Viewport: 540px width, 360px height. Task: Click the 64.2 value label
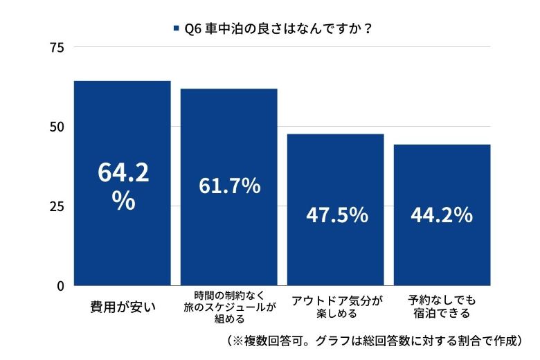[x=123, y=173]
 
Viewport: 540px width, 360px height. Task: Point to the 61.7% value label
[x=229, y=186]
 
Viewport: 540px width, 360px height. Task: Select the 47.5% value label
[x=336, y=215]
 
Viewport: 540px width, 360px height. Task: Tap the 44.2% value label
[x=442, y=215]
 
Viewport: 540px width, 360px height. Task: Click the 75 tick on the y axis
[x=57, y=47]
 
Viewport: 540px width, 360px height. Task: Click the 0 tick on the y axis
[x=60, y=285]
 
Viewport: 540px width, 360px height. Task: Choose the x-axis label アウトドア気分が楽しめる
[x=336, y=307]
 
